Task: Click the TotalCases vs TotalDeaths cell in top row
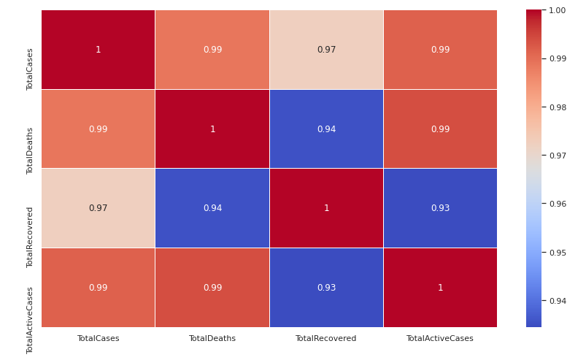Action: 212,50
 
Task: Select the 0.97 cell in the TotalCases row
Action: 326,50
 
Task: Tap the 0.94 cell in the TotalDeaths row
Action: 326,129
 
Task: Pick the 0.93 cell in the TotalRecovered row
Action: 440,208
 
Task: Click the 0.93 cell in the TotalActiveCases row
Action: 326,288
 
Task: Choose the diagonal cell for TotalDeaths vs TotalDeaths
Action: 212,129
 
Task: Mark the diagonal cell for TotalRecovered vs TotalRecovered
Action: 326,208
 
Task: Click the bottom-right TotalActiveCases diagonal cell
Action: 440,288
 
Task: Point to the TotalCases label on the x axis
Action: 98,339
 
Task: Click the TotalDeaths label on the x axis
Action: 212,339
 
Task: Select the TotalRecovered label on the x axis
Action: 326,339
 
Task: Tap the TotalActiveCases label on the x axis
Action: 440,339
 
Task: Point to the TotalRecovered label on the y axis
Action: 30,237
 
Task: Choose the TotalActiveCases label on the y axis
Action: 30,320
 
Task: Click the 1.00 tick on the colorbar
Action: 557,10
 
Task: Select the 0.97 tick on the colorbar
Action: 557,156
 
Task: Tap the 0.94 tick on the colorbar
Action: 557,301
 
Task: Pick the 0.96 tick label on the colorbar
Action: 557,204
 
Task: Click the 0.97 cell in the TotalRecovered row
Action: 98,208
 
